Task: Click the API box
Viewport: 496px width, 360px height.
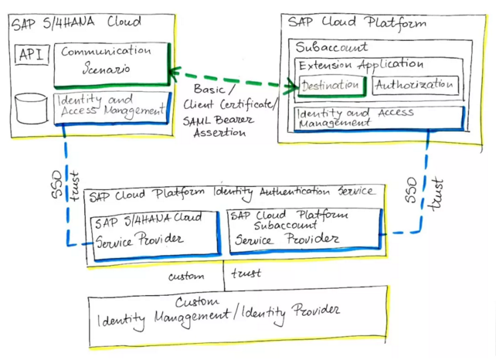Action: [x=31, y=56]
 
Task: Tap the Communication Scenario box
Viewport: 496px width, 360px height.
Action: [x=110, y=62]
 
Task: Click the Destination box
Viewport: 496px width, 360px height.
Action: [x=331, y=85]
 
